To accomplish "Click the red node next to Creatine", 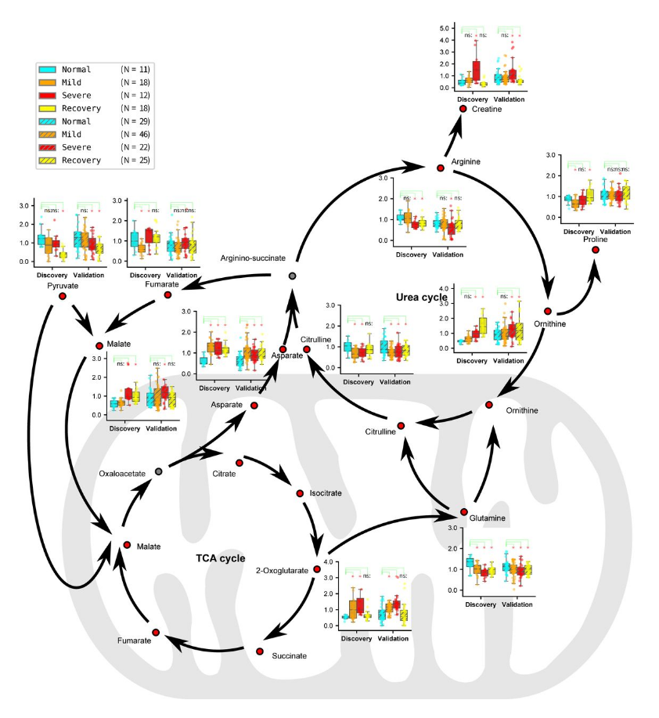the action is (x=463, y=109).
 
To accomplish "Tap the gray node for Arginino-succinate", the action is (x=291, y=276).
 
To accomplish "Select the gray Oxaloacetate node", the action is (x=159, y=471).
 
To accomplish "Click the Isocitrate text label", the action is (x=326, y=493).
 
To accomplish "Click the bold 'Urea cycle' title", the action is (x=422, y=298).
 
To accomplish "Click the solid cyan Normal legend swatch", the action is (x=48, y=69).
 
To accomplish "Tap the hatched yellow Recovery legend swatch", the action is (x=48, y=160).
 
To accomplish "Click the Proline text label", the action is (x=596, y=239).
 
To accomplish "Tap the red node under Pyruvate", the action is (x=62, y=297).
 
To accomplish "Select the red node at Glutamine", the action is (x=463, y=512).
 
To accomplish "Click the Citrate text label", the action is (x=225, y=474).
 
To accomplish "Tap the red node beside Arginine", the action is (x=441, y=168).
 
